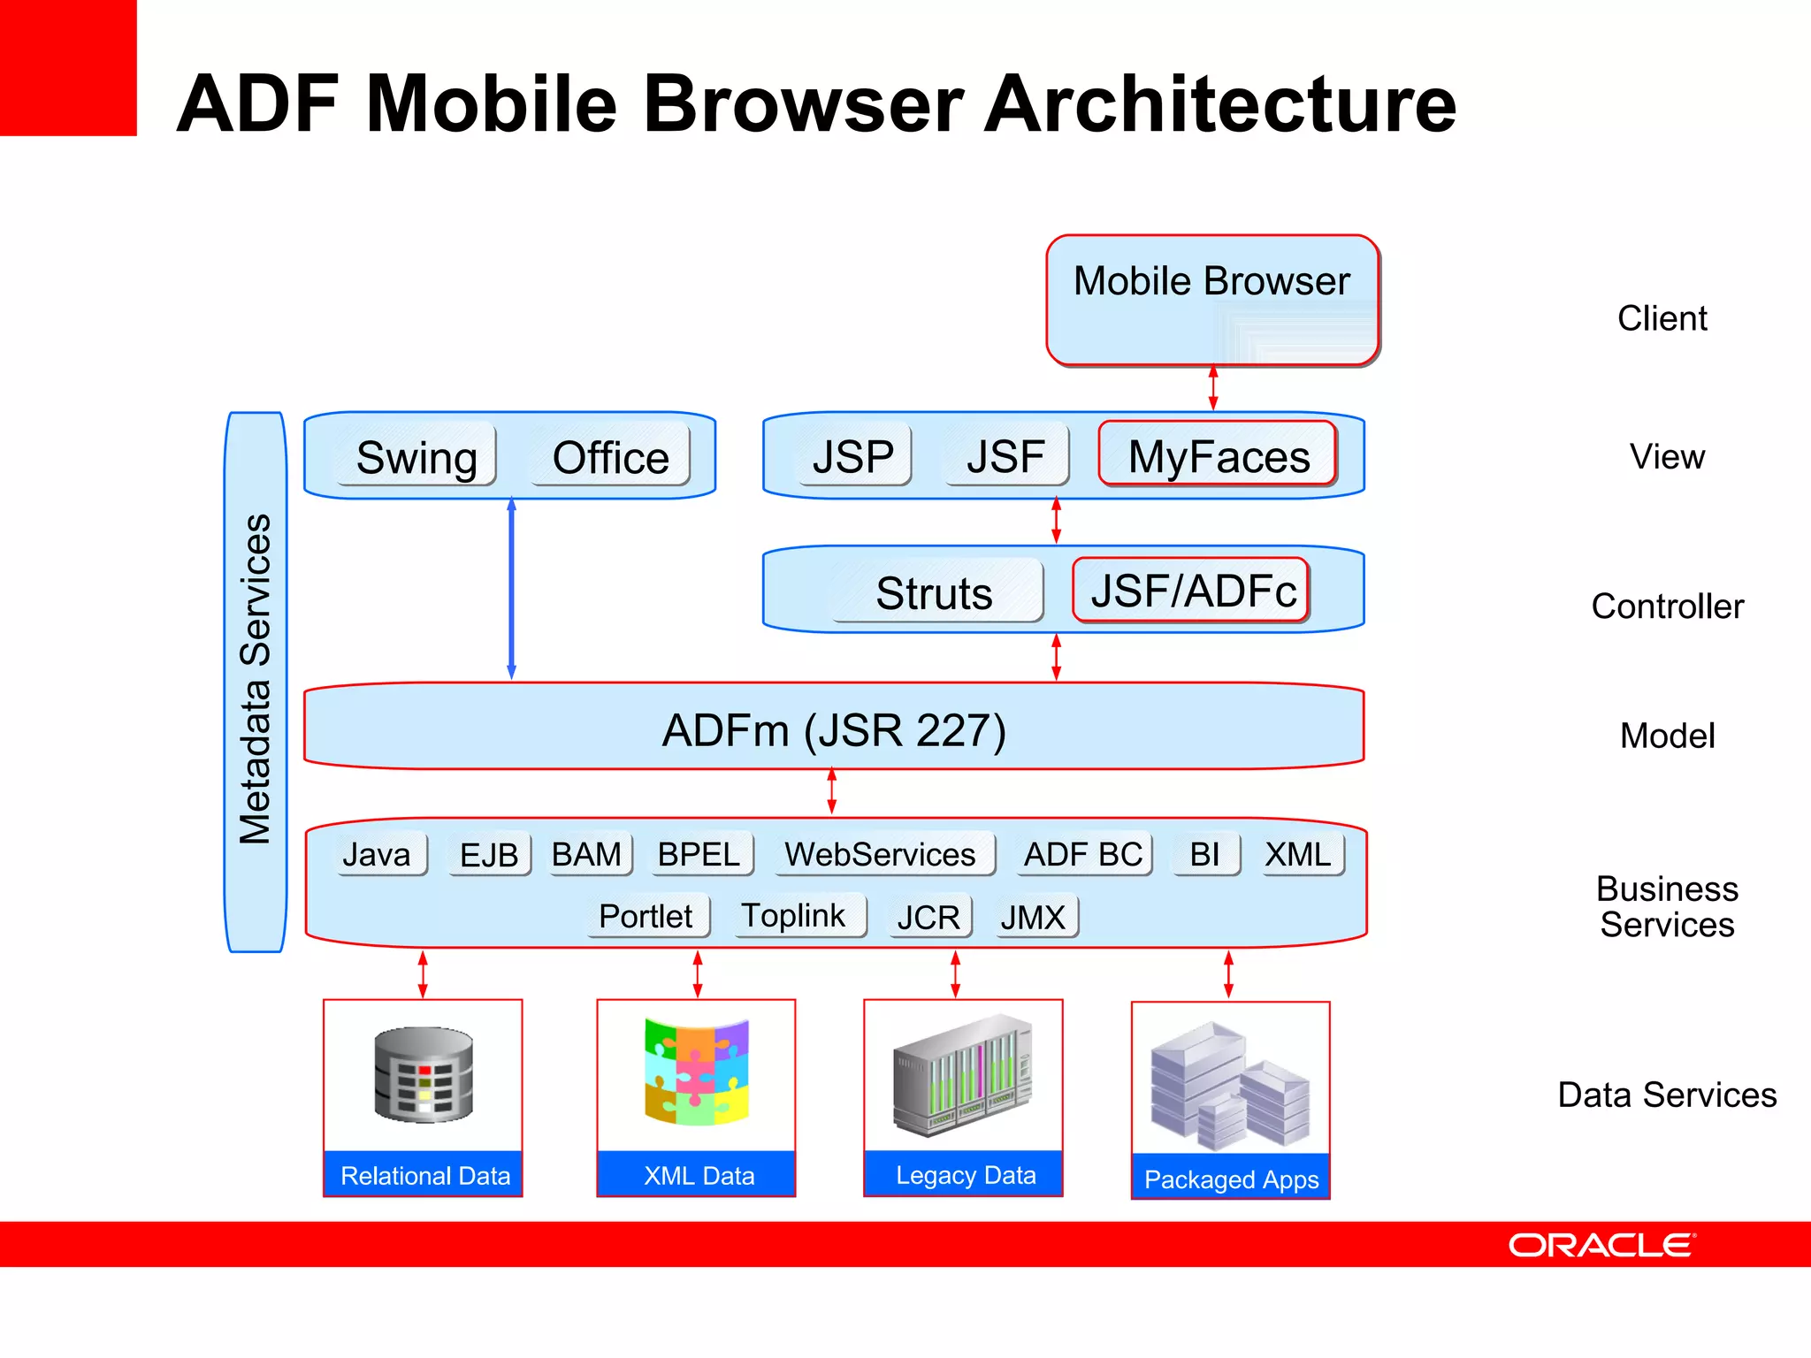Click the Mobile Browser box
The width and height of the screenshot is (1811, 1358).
tap(1211, 301)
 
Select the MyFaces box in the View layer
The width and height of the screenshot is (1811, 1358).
tap(1218, 456)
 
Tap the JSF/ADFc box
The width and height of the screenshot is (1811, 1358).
tap(1191, 591)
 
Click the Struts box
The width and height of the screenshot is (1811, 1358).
tap(935, 592)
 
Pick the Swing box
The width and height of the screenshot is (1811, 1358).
tap(416, 458)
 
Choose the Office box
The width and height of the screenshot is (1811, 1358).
tap(610, 458)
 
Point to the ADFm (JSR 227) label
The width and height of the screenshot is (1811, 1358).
tap(834, 730)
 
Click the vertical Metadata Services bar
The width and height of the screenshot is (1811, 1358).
tap(256, 681)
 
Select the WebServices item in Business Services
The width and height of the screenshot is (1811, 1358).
tap(881, 855)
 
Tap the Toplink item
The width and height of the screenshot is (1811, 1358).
tap(793, 916)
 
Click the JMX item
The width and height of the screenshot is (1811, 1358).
tap(1033, 918)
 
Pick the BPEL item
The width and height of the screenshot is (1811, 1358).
tap(699, 855)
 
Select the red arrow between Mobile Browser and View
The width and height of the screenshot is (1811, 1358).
tap(1213, 388)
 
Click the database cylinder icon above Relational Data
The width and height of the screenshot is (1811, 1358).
tap(424, 1074)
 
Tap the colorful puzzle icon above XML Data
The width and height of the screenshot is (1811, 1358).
tap(697, 1072)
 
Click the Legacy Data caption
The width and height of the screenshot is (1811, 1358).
tap(965, 1175)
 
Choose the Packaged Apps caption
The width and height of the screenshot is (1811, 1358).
tap(1231, 1179)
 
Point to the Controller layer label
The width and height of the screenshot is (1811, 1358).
tap(1667, 607)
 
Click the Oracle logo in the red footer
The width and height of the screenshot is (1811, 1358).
tap(1601, 1245)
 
